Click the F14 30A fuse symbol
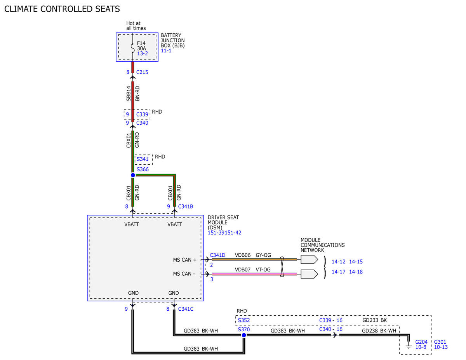(133, 48)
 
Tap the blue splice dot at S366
(133, 175)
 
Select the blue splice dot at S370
(244, 335)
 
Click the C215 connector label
(142, 72)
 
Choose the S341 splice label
(143, 159)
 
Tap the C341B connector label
(186, 206)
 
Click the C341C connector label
(186, 309)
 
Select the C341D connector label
(217, 255)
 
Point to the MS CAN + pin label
(184, 260)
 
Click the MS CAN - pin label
(184, 274)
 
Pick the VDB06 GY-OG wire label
(253, 255)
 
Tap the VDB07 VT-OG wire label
(253, 270)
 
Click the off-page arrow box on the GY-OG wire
(309, 259)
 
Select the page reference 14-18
(356, 272)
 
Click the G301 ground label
(440, 342)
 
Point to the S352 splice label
(243, 320)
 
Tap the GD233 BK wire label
(374, 320)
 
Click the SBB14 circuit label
(128, 93)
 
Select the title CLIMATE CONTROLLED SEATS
(62, 9)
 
